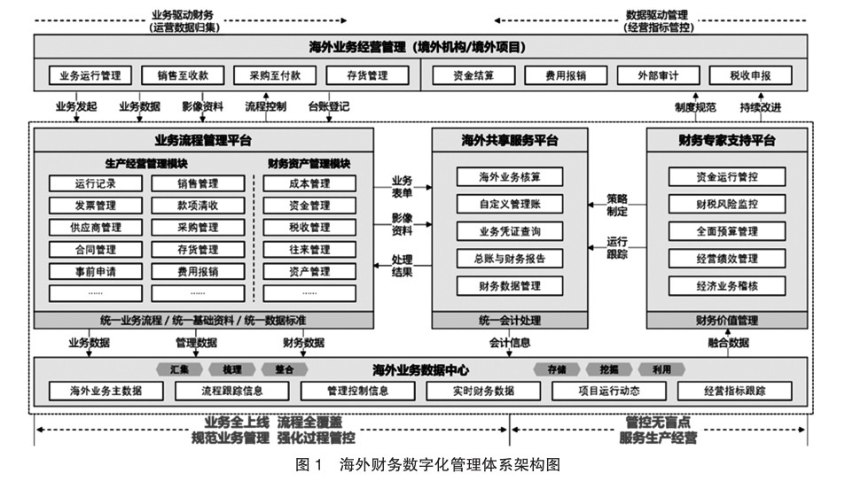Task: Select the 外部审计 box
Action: tap(658, 75)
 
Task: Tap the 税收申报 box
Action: tap(750, 75)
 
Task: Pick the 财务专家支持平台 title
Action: tap(727, 140)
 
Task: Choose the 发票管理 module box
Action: tap(95, 206)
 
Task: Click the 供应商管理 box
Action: tap(95, 228)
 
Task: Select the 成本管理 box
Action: tap(309, 184)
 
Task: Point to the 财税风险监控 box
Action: tap(726, 205)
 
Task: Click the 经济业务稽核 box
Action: tap(726, 286)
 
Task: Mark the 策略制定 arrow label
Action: tap(617, 205)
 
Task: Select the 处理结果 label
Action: tap(402, 265)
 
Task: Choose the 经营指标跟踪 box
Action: tap(734, 390)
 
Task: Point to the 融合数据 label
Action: tap(728, 343)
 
